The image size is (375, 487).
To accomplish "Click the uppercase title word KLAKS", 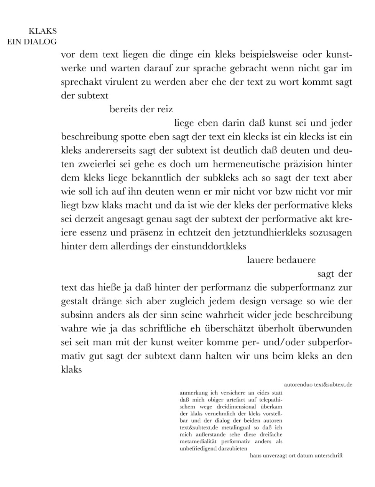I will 43,31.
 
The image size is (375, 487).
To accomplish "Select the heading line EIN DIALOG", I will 32,42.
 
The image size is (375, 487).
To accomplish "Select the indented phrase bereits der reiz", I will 141,109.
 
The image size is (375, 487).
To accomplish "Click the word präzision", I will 303,164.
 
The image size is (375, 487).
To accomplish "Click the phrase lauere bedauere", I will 281,260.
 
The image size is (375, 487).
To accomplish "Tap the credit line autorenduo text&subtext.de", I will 318,384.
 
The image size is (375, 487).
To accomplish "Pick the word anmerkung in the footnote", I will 193,393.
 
